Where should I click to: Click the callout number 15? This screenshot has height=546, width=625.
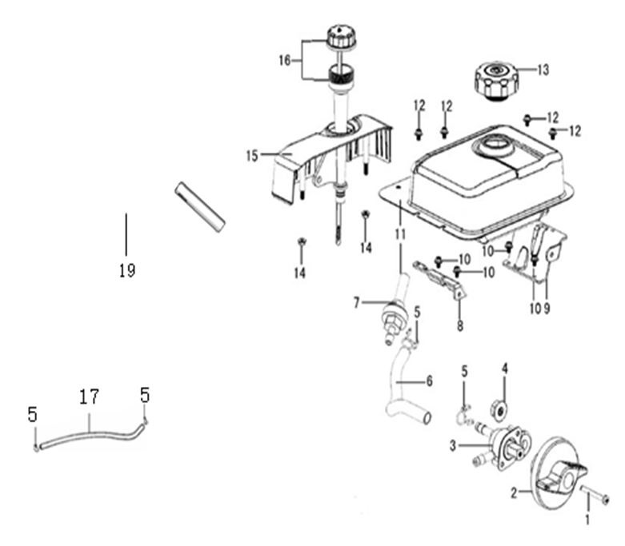253,155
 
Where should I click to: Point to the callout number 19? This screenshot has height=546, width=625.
126,271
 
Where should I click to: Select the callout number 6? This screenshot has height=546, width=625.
429,382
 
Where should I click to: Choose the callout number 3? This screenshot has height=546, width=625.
453,444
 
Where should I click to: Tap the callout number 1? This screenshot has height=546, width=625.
590,520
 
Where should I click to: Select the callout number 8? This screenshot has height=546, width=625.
460,326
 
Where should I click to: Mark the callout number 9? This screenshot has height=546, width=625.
548,309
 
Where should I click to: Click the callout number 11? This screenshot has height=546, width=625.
399,233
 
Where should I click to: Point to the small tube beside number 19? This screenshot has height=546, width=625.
200,205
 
